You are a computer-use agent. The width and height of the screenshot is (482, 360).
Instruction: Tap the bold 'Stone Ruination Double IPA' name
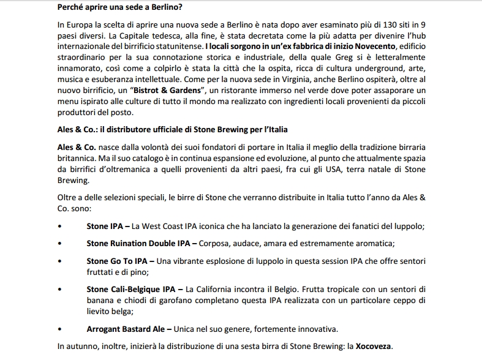click(x=139, y=243)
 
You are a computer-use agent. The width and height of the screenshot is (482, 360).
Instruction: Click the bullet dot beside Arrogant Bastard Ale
click(x=59, y=329)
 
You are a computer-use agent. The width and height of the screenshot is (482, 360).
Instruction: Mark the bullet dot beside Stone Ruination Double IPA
click(x=59, y=243)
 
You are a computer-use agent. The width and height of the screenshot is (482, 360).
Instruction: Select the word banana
click(x=100, y=301)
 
